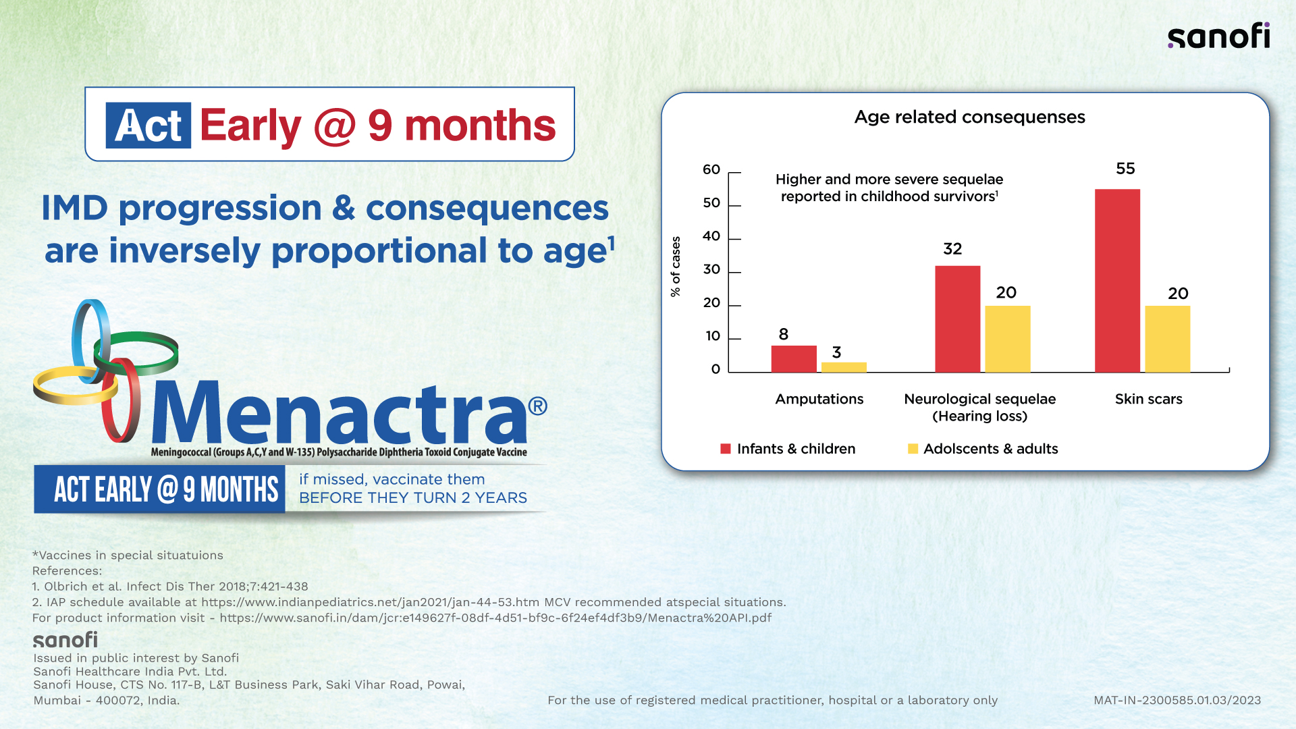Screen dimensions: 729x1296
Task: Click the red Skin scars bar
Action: (x=1117, y=280)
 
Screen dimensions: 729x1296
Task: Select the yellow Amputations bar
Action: (x=844, y=367)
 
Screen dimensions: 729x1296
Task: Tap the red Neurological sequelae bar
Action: (x=957, y=319)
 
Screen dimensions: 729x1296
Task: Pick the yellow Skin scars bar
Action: (x=1167, y=339)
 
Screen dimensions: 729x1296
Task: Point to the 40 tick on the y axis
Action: (x=711, y=236)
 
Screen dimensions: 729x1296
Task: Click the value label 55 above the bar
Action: (x=1125, y=169)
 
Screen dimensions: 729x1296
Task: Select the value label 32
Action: (x=952, y=249)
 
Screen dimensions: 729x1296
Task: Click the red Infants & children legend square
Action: (x=726, y=449)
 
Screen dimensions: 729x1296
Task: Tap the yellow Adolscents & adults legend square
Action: (x=913, y=449)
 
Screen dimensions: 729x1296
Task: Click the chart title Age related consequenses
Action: (x=969, y=117)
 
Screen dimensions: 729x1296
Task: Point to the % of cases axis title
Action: (x=676, y=267)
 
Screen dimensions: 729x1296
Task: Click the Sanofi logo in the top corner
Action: (x=1218, y=36)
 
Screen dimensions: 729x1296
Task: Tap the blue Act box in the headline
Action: (x=148, y=126)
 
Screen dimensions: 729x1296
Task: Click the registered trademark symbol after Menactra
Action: (x=538, y=406)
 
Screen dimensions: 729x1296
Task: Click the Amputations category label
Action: (x=819, y=399)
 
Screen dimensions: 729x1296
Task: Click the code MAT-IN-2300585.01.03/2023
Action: (x=1177, y=701)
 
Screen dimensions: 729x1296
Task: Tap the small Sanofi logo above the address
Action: (x=65, y=640)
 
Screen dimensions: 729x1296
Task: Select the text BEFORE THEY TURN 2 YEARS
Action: (x=412, y=498)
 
